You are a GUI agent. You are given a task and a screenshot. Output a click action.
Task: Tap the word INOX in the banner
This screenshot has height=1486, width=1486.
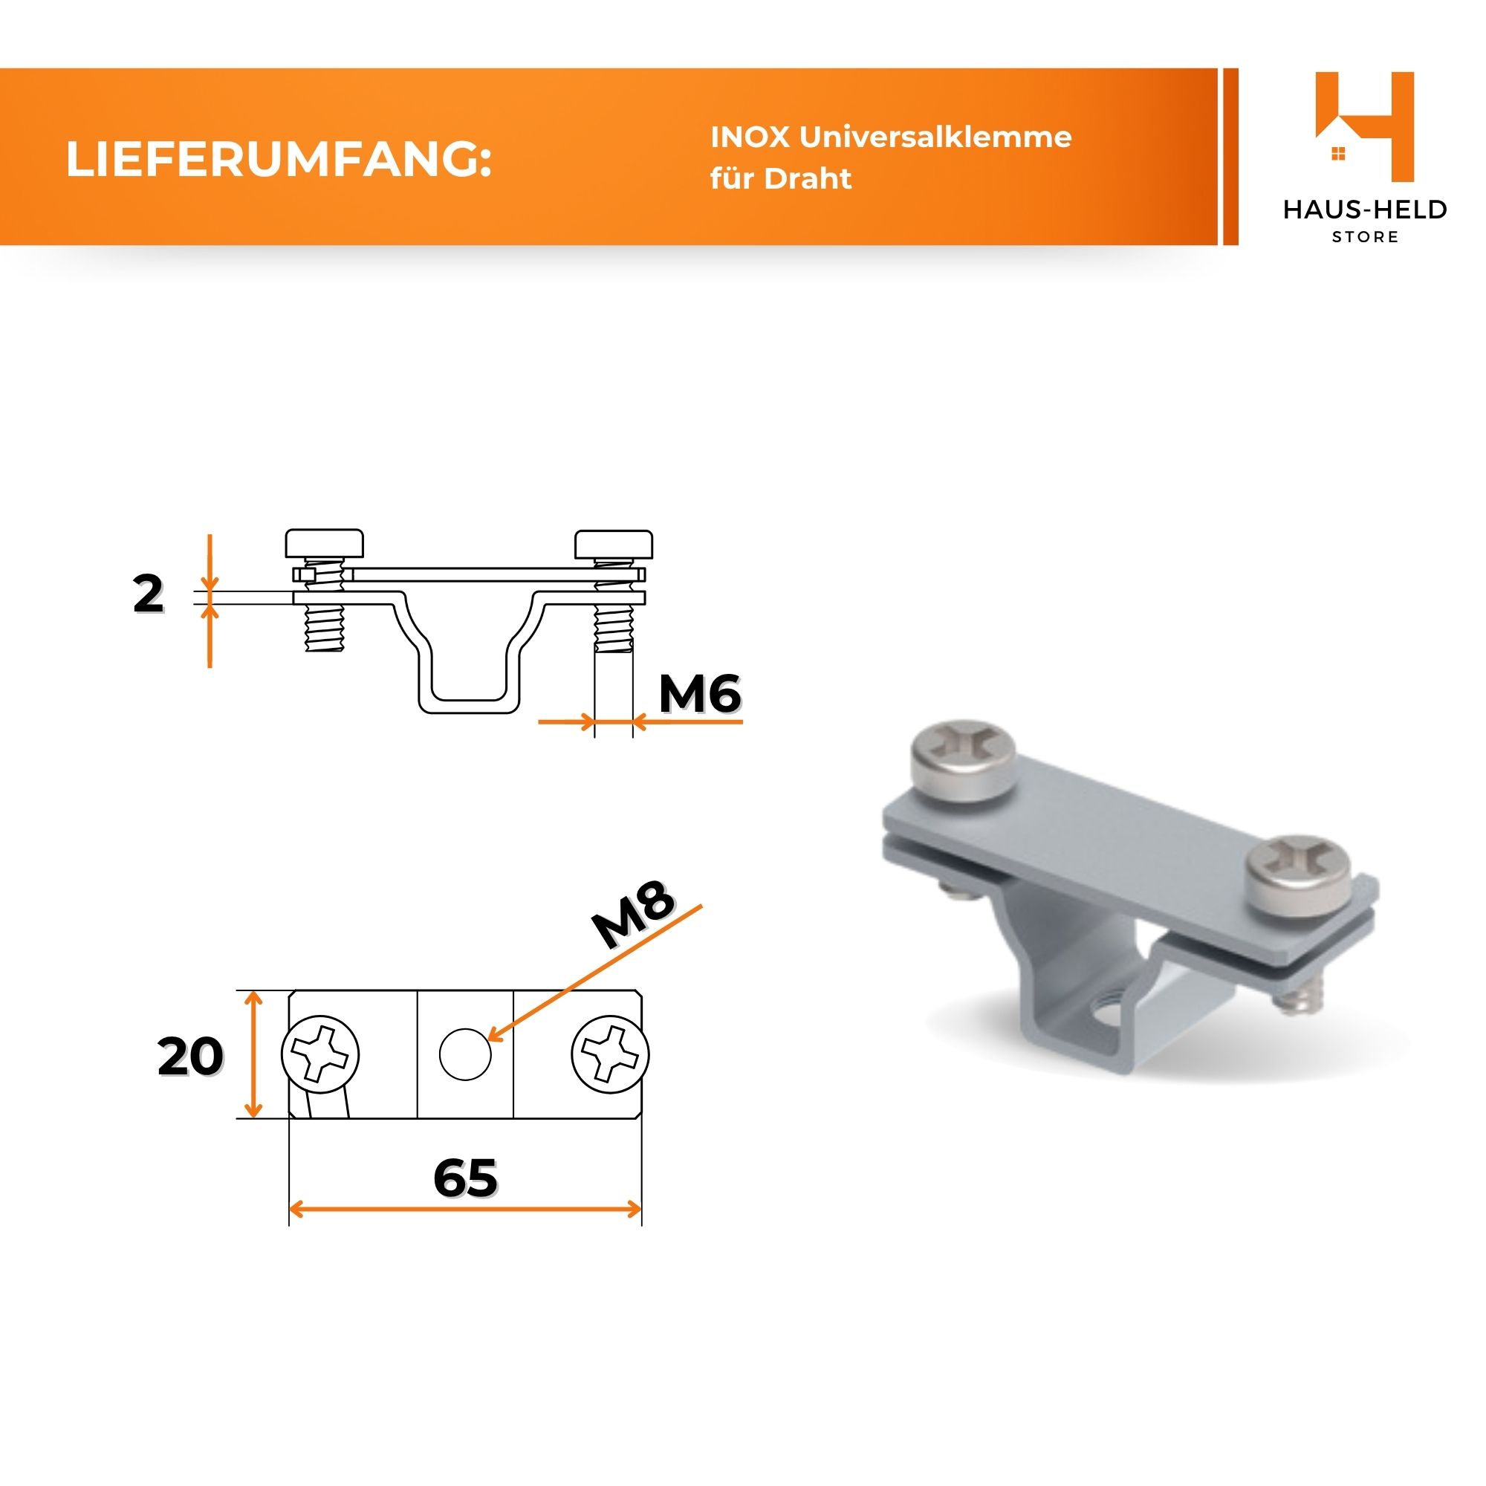[x=750, y=137]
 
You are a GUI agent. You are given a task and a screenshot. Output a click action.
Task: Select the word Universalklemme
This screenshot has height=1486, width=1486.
[x=935, y=137]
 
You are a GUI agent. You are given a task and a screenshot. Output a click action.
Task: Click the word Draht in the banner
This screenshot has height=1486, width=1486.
[x=808, y=178]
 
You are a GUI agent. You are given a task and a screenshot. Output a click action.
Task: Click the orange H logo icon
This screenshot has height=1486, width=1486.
[x=1364, y=127]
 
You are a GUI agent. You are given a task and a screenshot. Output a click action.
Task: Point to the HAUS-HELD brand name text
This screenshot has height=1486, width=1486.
[x=1365, y=210]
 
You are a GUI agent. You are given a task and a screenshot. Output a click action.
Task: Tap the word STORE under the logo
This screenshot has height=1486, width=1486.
[x=1365, y=238]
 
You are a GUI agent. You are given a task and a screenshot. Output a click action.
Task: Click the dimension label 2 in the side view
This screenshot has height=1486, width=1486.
[x=149, y=594]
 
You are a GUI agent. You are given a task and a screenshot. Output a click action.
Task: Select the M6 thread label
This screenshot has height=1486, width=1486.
[x=700, y=694]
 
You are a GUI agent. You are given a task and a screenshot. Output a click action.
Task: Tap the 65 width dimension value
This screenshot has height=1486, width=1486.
[x=465, y=1178]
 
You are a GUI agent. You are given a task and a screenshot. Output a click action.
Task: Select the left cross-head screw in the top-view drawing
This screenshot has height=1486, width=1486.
[x=321, y=1054]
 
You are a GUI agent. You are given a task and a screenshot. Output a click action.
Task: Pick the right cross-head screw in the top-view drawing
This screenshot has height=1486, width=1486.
[x=610, y=1054]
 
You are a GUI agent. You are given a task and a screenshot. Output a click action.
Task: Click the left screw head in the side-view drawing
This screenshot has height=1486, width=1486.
[x=325, y=543]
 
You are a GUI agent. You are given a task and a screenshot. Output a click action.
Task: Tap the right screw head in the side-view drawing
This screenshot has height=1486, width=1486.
[x=614, y=544]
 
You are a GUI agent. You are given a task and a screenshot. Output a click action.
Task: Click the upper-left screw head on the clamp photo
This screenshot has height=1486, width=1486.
[x=963, y=760]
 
